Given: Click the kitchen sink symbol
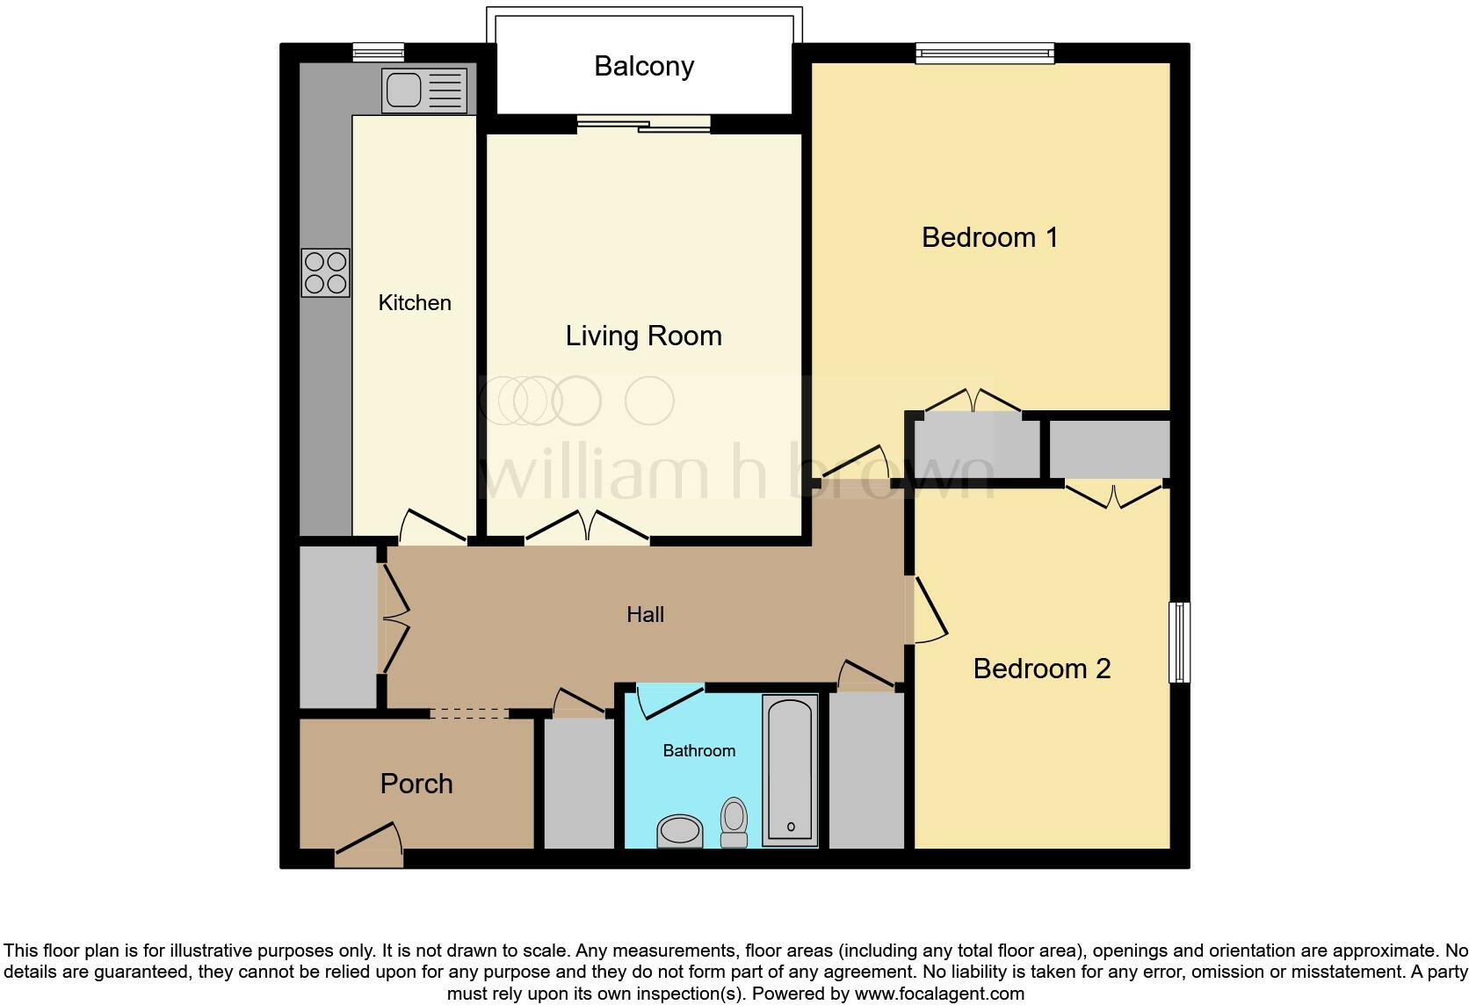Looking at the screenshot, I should coord(424,91).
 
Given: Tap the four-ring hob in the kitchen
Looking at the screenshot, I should coord(325,272).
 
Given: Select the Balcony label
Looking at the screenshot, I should coord(644,66).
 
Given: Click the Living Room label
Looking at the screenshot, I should coord(643,336).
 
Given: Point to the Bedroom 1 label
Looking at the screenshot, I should coord(989,237).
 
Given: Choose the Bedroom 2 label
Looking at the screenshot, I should coord(1041,669).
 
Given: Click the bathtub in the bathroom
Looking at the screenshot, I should coord(790,770).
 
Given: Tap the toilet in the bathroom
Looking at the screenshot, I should coord(734,821).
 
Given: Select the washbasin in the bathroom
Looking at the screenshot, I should coord(679,830).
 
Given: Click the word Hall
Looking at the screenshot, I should coord(645,614).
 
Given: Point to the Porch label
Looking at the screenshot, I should coord(416,784).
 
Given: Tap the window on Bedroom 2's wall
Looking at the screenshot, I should coord(1179,641).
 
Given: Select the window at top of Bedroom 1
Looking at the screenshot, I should coord(984,54).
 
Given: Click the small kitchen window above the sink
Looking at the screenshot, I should coord(378,53).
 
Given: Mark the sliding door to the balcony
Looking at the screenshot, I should coord(643,125).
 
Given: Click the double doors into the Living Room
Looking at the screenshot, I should coord(587,527).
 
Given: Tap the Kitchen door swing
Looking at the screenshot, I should coord(431,527).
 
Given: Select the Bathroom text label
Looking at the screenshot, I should coord(698,750).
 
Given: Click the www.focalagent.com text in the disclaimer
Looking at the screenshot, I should coord(938,994).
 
